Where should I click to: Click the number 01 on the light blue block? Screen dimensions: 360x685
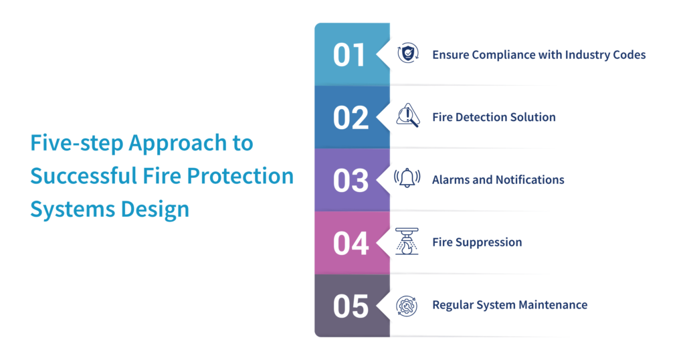[350, 55]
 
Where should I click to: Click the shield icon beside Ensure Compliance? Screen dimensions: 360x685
[407, 54]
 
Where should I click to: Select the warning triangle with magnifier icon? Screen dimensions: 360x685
[407, 116]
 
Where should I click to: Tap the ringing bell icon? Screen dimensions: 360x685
[407, 179]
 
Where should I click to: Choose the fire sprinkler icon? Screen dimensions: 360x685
[407, 242]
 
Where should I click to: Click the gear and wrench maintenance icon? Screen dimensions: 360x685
[407, 305]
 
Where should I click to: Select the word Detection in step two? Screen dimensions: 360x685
[482, 117]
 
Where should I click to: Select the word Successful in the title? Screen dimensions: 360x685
[79, 176]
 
